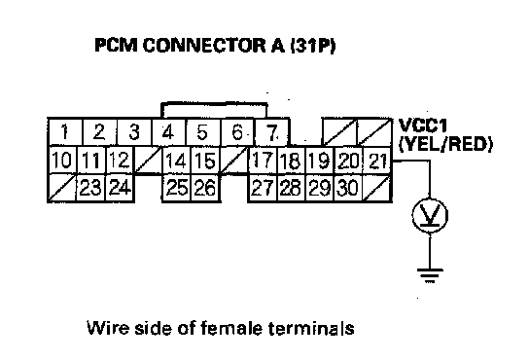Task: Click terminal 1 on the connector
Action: (x=65, y=132)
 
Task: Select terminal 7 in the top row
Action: (x=272, y=132)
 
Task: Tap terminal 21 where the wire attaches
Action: (x=377, y=161)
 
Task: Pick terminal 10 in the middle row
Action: (x=63, y=161)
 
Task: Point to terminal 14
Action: (x=176, y=161)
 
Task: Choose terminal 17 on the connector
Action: (x=263, y=161)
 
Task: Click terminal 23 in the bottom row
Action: (x=91, y=188)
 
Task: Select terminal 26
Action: (x=205, y=188)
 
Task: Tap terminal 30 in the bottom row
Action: (x=348, y=188)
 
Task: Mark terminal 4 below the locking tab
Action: (x=168, y=132)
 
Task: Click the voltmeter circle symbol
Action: (x=430, y=215)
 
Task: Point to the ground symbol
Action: (x=430, y=275)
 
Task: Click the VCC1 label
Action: (x=423, y=126)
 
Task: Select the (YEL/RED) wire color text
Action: (x=445, y=145)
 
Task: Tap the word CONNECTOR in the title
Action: (x=205, y=46)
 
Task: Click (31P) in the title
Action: (x=312, y=46)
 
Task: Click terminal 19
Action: (x=320, y=161)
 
